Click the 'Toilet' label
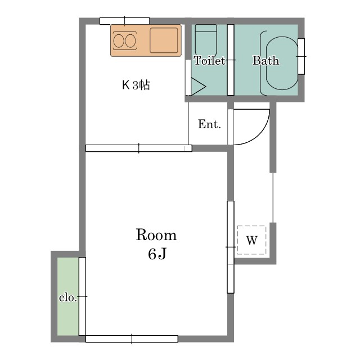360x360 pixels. pyautogui.click(x=209, y=61)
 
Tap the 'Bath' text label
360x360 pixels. pyautogui.click(x=265, y=61)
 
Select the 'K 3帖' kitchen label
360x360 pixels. pyautogui.click(x=136, y=85)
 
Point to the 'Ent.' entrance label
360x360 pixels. pyautogui.click(x=209, y=125)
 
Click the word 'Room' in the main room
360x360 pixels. pyautogui.click(x=156, y=235)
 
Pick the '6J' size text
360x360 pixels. pyautogui.click(x=157, y=254)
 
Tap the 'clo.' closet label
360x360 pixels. pyautogui.click(x=67, y=298)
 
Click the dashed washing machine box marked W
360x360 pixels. pyautogui.click(x=251, y=241)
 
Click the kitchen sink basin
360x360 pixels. pyautogui.click(x=163, y=40)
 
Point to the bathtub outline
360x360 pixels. pyautogui.click(x=280, y=61)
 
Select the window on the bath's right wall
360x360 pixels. pyautogui.click(x=301, y=56)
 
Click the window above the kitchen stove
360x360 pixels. pyautogui.click(x=125, y=21)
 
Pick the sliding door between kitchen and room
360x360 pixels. pyautogui.click(x=138, y=148)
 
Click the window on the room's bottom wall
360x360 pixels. pyautogui.click(x=132, y=339)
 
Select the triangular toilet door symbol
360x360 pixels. pyautogui.click(x=197, y=87)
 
